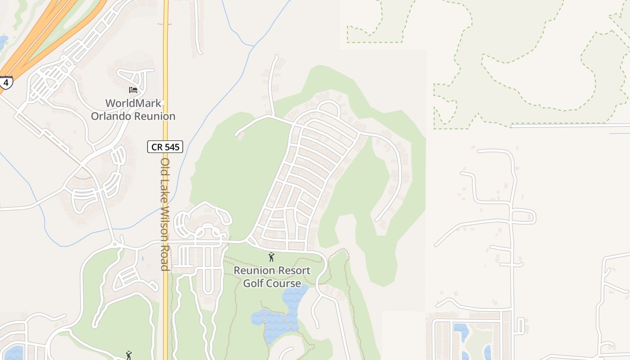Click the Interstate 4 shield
click(5, 83)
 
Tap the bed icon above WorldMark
click(133, 90)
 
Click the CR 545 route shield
click(165, 146)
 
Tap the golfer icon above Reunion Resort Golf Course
click(271, 257)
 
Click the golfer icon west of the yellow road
click(129, 355)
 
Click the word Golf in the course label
click(253, 283)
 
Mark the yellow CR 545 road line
click(166, 67)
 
